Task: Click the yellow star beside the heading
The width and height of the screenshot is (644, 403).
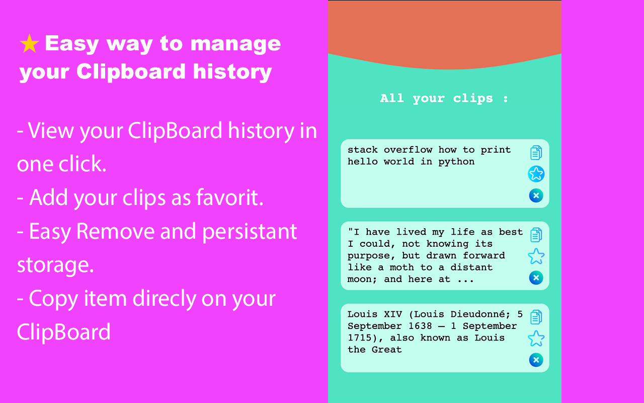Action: pos(29,44)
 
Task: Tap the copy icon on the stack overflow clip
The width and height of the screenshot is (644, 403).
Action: pos(536,153)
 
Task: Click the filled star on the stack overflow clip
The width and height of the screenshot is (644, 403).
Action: pos(536,174)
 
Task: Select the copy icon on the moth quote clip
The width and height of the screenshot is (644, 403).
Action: pos(536,235)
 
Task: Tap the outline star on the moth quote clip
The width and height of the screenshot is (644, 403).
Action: pos(536,256)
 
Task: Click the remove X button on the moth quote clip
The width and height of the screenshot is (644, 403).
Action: pos(536,278)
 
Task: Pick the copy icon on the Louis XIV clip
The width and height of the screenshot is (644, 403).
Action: pos(536,317)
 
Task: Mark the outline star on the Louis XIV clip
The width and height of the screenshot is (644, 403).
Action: pos(536,339)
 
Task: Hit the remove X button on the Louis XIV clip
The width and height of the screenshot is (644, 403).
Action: pos(536,360)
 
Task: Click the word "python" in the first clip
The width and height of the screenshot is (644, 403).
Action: pos(456,162)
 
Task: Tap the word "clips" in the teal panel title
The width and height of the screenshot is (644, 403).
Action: pos(473,99)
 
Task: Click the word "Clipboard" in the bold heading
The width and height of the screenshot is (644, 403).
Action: pos(131,72)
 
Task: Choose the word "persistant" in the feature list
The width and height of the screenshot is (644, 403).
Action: pos(250,232)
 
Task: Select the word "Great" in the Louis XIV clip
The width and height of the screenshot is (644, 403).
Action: pos(387,350)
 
